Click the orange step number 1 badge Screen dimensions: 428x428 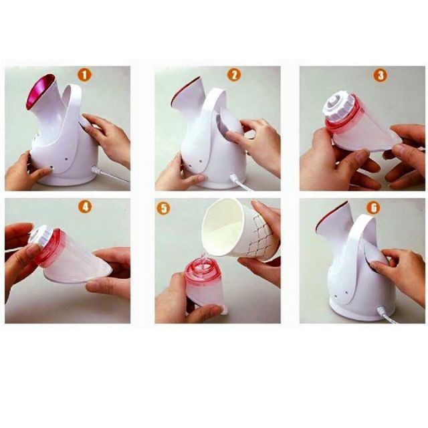pos(84,74)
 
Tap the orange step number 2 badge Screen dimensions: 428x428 pos(234,74)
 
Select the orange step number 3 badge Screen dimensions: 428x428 pos(381,75)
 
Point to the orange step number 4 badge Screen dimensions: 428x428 pos(85,207)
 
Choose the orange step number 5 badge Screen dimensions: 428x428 pos(163,209)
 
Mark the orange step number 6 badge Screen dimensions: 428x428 pos(374,208)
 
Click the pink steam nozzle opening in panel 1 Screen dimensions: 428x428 pos(41,92)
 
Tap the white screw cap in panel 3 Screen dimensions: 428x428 pos(340,106)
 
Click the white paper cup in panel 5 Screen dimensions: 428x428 pos(238,229)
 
